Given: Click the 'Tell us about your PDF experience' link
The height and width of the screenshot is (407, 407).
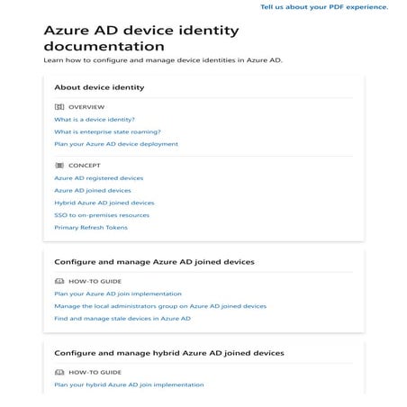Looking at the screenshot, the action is (324, 6).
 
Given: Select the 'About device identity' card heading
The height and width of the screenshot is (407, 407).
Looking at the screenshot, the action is (99, 87).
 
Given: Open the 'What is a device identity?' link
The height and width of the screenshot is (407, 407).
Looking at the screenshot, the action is (95, 119).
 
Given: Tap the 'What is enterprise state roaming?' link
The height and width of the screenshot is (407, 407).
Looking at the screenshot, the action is (107, 131).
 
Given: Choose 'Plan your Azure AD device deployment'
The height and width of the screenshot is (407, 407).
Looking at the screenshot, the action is (116, 144).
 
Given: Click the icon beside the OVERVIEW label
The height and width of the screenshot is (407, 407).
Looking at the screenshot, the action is (59, 106).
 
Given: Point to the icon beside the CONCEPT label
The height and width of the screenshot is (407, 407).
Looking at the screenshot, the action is (59, 166).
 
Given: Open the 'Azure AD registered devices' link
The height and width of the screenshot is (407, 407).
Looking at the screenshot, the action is (98, 178).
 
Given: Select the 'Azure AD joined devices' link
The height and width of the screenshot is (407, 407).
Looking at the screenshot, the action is (92, 191).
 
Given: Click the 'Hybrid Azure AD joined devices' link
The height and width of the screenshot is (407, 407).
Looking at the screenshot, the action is (104, 203).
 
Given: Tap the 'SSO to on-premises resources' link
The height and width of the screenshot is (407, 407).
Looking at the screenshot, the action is (102, 215).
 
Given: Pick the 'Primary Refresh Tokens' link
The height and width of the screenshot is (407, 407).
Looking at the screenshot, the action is (91, 228).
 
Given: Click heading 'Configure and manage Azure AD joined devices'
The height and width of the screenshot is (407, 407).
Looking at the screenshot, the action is (154, 262).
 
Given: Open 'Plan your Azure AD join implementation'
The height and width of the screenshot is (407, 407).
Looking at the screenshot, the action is (118, 294).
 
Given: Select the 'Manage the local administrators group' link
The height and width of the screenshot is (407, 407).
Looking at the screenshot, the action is (160, 306).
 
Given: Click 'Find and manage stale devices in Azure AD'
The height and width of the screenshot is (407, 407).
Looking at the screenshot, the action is (122, 318).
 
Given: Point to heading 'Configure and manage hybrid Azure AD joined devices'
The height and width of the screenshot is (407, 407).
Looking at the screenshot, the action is (169, 353).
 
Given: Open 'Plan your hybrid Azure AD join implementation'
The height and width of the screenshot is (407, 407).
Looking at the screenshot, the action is (129, 384).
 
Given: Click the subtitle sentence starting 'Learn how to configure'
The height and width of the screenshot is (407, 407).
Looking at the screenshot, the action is (162, 60).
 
